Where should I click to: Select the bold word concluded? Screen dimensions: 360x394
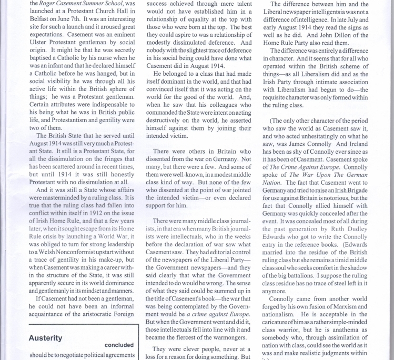tap(119, 345)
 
